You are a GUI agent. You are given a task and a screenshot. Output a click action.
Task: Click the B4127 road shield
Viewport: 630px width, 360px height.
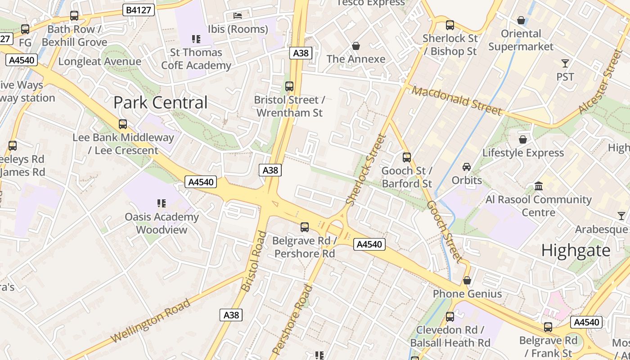(x=139, y=10)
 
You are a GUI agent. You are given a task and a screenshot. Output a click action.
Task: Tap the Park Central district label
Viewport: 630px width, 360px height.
(x=160, y=103)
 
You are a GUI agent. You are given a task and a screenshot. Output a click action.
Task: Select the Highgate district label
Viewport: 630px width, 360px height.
(x=576, y=250)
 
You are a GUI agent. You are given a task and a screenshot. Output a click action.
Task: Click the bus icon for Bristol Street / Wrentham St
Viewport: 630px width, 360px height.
(x=289, y=86)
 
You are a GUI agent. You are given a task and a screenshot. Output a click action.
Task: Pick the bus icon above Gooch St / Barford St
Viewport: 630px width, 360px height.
(x=407, y=157)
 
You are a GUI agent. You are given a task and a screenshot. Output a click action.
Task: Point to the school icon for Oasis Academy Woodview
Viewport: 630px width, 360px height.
(x=162, y=203)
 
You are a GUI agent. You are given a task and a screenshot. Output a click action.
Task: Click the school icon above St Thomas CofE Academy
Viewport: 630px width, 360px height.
(x=196, y=39)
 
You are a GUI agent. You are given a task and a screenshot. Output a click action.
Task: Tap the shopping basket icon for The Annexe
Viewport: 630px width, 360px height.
(x=356, y=46)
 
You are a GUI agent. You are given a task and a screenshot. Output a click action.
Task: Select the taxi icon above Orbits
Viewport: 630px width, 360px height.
(x=467, y=167)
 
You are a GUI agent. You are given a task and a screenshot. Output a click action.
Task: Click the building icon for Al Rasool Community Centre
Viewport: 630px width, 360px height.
(x=538, y=186)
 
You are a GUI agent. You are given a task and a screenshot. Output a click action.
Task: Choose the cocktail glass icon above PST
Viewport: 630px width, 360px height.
(x=565, y=63)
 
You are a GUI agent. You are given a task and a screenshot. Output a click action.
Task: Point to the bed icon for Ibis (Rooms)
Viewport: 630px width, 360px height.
(x=238, y=16)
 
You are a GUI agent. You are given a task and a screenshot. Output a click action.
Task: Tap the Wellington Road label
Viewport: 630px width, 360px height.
(x=151, y=320)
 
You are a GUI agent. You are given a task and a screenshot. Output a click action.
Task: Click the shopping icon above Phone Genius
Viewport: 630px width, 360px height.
(x=467, y=280)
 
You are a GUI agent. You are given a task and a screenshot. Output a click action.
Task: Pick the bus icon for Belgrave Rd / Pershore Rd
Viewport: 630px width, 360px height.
(x=305, y=227)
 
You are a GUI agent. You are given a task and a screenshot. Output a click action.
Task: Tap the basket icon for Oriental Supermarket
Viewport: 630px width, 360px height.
(x=521, y=20)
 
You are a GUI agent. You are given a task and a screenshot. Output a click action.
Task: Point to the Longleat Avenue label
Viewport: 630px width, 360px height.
(x=99, y=61)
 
